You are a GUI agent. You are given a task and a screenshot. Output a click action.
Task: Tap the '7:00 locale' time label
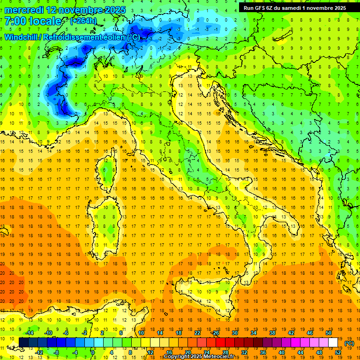click(33, 21)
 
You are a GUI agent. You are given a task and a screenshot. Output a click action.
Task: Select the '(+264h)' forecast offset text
click(83, 21)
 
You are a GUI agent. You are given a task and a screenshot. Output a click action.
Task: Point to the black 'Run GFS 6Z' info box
click(295, 7)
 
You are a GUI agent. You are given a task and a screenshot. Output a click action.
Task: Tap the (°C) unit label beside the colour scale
click(349, 343)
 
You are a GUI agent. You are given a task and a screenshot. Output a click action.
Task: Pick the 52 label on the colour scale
click(338, 352)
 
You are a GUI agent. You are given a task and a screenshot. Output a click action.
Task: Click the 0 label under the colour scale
click(93, 352)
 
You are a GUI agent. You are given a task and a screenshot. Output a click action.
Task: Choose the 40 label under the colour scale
click(282, 352)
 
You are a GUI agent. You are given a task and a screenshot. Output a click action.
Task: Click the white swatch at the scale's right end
click(333, 342)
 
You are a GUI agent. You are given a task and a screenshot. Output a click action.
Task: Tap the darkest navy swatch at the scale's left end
click(23, 342)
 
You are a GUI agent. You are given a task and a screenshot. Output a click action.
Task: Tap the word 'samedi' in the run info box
click(294, 7)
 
